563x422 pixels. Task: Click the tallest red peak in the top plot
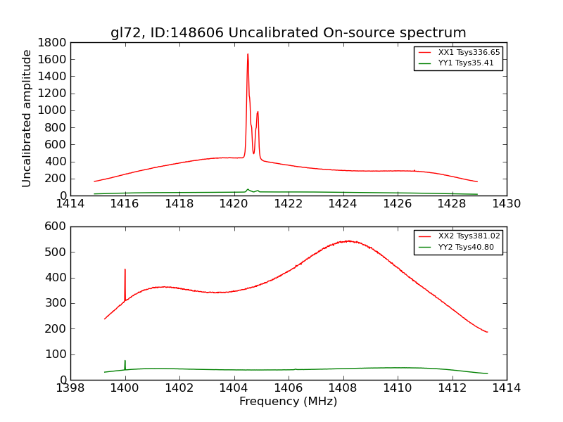[x=248, y=55]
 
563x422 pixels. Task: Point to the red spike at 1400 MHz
[x=125, y=270]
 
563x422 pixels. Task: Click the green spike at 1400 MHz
[x=125, y=362]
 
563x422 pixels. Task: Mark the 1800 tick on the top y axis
[x=53, y=42]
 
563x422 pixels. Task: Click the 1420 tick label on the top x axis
[x=234, y=204]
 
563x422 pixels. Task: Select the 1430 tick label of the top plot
[x=506, y=204]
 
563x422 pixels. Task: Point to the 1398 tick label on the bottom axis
[x=70, y=388]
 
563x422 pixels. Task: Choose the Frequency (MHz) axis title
[x=288, y=402]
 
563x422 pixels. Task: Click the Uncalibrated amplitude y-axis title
[x=27, y=118]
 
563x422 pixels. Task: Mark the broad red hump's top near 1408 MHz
[x=348, y=241]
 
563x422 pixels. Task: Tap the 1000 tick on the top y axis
[x=53, y=110]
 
